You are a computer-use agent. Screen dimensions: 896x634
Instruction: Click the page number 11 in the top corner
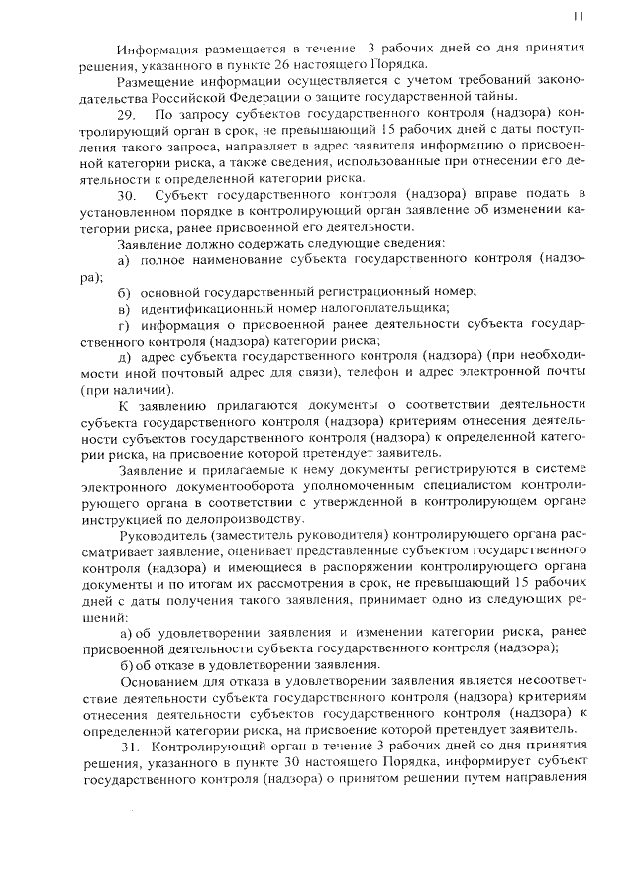580,15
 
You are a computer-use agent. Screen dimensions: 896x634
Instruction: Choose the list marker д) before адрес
124,355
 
